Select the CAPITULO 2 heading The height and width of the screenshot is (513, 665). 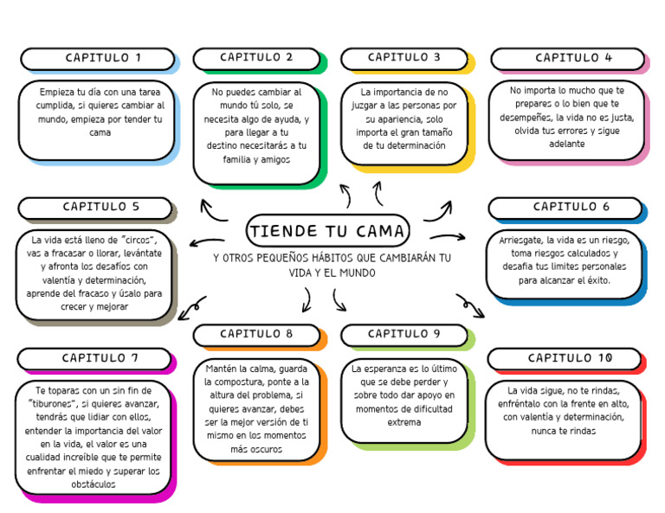click(256, 58)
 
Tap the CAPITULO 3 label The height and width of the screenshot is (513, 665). click(404, 58)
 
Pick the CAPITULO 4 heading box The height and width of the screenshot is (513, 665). click(567, 59)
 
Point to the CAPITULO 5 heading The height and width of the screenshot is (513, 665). click(95, 208)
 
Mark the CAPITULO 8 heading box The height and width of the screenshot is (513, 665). click(256, 334)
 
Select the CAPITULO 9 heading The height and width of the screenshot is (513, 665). click(404, 334)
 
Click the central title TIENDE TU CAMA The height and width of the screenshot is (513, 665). click(326, 231)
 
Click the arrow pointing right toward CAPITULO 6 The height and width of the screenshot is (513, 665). click(447, 237)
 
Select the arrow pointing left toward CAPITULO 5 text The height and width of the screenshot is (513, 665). click(207, 241)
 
